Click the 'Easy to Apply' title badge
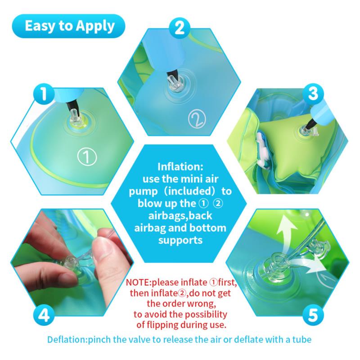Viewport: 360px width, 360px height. click(68, 26)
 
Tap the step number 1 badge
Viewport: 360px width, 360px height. click(44, 94)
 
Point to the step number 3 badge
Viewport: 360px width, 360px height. click(313, 94)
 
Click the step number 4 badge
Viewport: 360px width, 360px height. click(44, 315)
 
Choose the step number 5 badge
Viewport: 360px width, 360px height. click(313, 315)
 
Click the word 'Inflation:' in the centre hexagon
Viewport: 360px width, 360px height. click(180, 167)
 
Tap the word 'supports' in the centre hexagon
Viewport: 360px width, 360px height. click(180, 240)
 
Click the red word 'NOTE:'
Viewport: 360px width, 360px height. click(139, 283)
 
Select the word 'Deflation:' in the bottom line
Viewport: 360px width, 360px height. click(67, 340)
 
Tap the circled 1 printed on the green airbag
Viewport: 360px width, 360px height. click(87, 157)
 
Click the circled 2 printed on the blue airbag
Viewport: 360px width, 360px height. click(197, 119)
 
